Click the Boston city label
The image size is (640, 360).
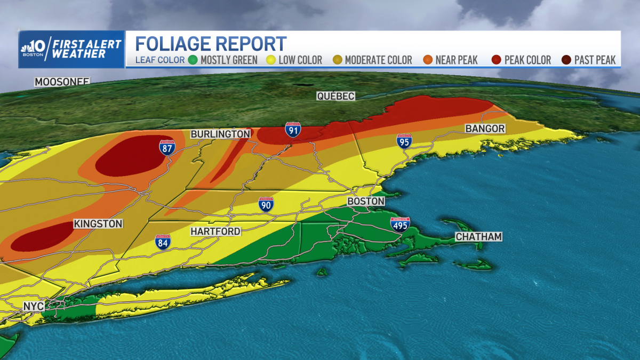coord(365,202)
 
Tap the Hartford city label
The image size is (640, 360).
coord(216,231)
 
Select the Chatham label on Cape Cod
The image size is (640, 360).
coord(478,237)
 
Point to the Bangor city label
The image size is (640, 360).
coord(485,129)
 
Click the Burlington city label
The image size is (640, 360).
coord(220,134)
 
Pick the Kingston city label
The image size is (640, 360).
coord(98,224)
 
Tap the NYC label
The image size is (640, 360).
coord(33,307)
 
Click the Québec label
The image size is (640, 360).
coord(335,96)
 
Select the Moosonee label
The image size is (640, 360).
coord(62,82)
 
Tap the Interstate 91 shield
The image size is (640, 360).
coord(292,130)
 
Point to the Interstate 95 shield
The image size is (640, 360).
coord(404,141)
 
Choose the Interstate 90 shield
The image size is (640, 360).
coord(266,204)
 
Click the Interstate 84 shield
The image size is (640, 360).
coord(163,242)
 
